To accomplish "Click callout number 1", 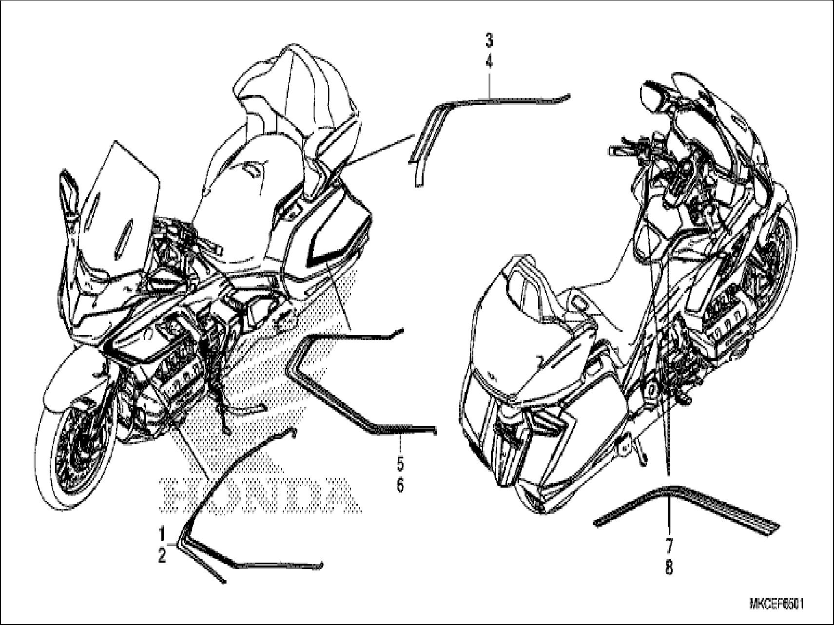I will pos(162,532).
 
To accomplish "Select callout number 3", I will pos(489,40).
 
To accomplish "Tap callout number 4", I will pos(489,62).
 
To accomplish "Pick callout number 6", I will pos(400,485).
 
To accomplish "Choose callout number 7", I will pos(669,545).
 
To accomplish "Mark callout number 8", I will pos(669,567).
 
